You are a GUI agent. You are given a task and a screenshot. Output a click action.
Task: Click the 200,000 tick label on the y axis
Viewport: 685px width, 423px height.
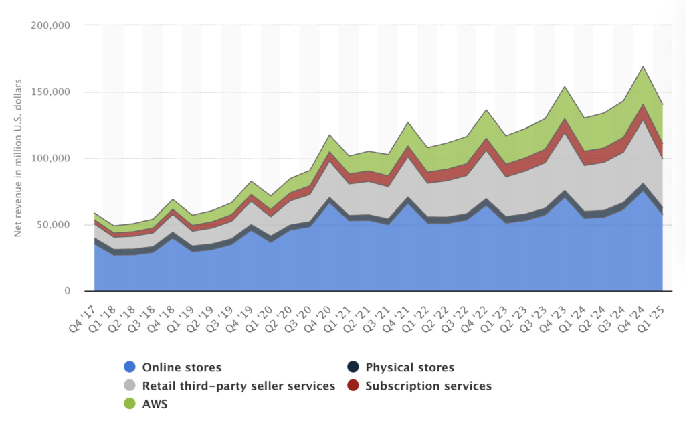52,26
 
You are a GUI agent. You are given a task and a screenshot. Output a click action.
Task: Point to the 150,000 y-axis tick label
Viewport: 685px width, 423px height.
52,92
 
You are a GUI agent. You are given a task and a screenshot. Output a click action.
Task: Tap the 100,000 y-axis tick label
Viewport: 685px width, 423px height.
52,159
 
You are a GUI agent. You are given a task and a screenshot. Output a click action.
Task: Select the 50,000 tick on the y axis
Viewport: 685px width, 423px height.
54,225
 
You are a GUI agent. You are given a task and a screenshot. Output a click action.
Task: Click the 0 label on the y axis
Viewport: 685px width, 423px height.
67,291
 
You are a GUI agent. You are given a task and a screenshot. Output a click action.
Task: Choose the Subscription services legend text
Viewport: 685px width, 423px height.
429,386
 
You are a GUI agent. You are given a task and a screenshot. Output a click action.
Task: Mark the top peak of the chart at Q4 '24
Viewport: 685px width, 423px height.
643,66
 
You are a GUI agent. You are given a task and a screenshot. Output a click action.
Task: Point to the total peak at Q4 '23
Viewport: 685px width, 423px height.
565,86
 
